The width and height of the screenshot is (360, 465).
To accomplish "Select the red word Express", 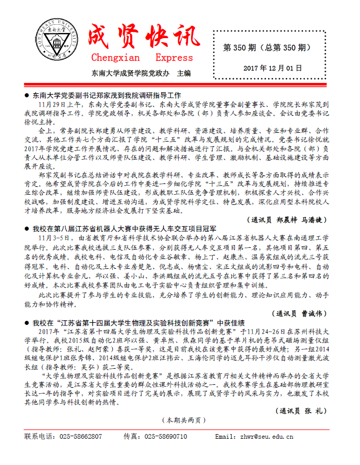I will click(174, 58).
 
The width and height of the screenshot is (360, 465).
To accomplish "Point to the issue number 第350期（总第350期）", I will click(266, 48).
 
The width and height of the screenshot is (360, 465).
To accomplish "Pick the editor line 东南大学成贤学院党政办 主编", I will click(141, 73).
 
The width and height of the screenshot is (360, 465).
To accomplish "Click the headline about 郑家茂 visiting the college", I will click(107, 95).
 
